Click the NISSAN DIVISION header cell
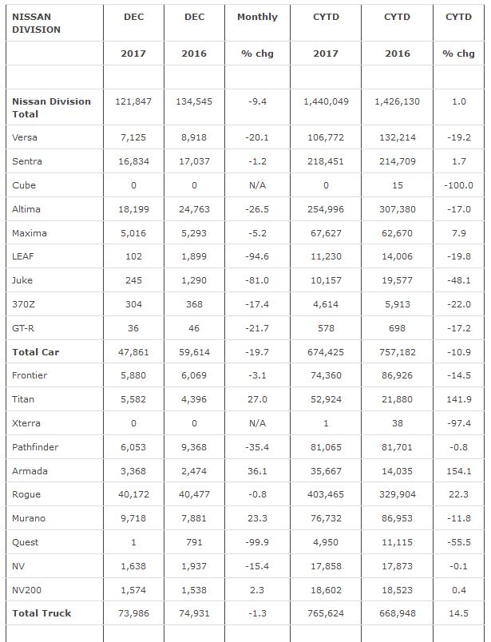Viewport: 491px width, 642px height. (x=37, y=22)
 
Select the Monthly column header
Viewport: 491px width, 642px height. (x=257, y=17)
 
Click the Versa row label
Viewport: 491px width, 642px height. (x=25, y=137)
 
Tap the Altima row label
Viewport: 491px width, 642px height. (x=26, y=209)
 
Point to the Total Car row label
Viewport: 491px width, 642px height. (x=36, y=351)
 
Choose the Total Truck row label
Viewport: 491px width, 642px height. (x=42, y=613)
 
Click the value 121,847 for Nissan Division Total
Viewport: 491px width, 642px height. (x=133, y=102)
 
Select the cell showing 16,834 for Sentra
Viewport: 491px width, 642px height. (x=133, y=161)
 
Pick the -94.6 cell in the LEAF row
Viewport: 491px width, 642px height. (x=257, y=257)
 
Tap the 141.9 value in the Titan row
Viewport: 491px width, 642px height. (x=458, y=399)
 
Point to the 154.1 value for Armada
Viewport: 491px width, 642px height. (x=458, y=471)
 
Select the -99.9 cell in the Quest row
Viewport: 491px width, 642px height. (x=257, y=542)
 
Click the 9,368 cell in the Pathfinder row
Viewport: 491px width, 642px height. (x=194, y=447)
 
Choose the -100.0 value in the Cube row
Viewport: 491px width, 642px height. (x=458, y=185)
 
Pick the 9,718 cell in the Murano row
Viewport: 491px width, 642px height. (x=133, y=518)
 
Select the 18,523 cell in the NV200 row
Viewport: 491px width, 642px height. (x=398, y=589)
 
